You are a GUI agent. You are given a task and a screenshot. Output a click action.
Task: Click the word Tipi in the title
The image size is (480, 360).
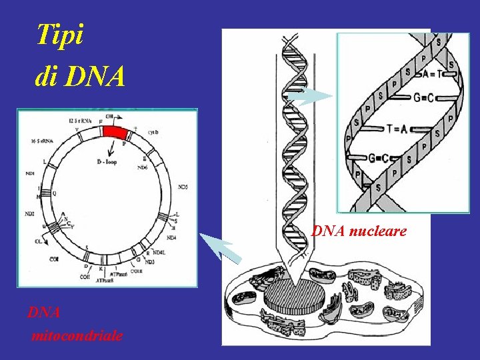(x=60, y=35)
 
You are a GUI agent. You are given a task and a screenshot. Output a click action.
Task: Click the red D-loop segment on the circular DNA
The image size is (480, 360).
(x=114, y=132)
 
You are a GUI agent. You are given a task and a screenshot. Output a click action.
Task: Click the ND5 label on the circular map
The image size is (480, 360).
(x=183, y=187)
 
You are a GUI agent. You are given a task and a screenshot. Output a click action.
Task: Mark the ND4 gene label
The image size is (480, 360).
(x=171, y=237)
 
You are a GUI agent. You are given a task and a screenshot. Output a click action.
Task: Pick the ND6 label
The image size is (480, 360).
(x=143, y=167)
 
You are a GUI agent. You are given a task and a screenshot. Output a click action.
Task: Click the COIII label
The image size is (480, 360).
(x=136, y=270)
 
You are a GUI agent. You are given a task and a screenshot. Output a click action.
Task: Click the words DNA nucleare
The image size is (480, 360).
(x=359, y=231)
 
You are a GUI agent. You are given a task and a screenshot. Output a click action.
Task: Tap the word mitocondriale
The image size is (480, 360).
(x=77, y=335)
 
